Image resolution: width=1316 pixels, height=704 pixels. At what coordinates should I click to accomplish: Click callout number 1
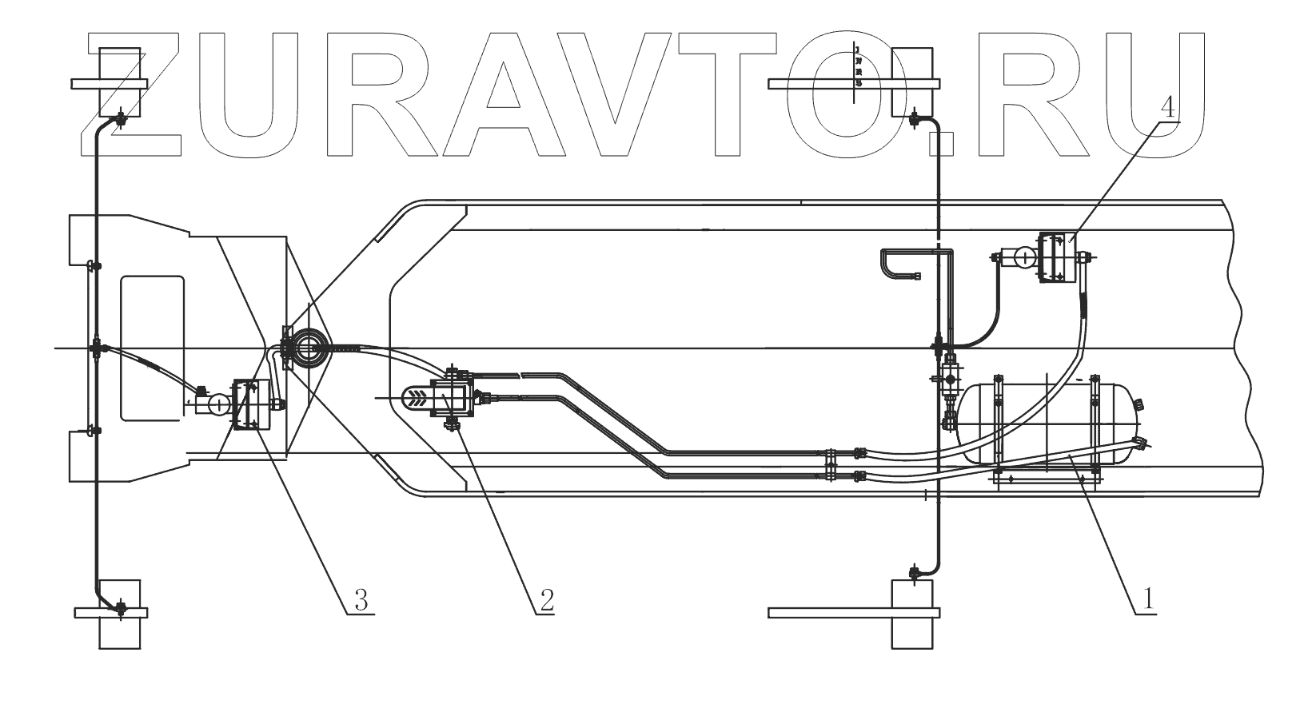coord(1148,598)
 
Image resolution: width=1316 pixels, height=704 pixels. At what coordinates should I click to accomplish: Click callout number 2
coord(545,599)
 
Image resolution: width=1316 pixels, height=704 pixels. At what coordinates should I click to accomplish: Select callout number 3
coord(361,599)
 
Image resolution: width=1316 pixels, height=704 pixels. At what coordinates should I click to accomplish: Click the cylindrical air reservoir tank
coord(1047,424)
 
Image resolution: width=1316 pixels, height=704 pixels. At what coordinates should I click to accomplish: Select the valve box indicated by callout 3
coord(249,404)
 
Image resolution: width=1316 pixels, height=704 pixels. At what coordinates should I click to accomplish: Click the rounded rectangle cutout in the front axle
coord(152,348)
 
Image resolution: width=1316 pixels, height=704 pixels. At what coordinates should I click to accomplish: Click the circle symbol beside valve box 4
coord(1020,257)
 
